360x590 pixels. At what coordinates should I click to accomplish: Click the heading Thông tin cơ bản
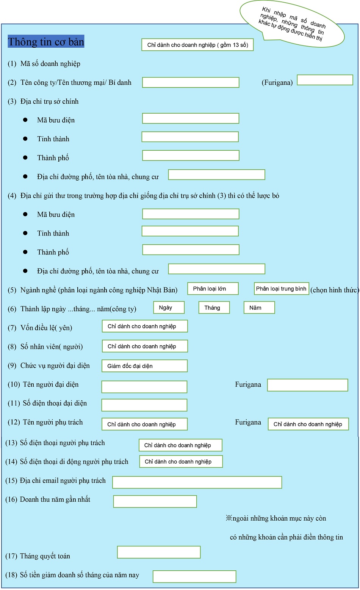(46, 42)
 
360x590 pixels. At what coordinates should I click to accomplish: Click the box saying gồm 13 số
(197, 45)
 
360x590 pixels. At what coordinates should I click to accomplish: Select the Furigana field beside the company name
(325, 80)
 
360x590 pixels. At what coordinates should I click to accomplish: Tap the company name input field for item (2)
(191, 83)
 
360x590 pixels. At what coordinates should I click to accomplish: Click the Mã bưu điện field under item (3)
(191, 119)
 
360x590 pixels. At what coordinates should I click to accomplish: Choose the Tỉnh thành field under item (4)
(190, 231)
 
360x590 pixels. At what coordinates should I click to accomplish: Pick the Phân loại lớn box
(213, 289)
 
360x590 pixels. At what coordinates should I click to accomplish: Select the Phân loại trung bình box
(281, 289)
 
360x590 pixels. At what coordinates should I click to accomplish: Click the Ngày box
(169, 307)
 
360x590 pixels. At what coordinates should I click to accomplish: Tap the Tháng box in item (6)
(214, 307)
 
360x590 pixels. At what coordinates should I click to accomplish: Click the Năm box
(259, 307)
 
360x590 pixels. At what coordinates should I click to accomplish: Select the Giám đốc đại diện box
(145, 366)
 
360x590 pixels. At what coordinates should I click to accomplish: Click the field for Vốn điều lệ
(145, 326)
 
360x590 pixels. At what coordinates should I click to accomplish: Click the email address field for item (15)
(197, 482)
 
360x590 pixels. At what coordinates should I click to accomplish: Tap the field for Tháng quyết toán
(159, 552)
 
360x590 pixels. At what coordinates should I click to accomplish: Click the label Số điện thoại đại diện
(55, 403)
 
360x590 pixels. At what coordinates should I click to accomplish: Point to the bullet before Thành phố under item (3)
(25, 158)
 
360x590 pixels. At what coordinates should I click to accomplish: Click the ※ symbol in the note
(229, 518)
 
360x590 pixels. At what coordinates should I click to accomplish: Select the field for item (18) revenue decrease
(194, 576)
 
